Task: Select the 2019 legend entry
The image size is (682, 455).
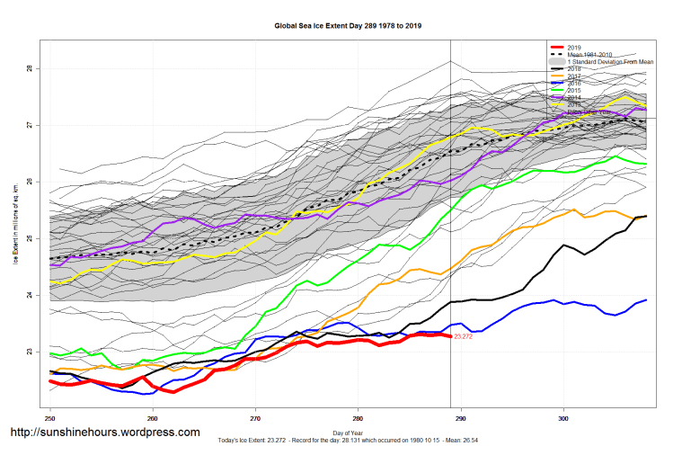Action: [576, 47]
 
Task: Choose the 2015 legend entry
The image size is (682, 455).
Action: [576, 91]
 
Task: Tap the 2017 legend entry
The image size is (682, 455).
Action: [576, 76]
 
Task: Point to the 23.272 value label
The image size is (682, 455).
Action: [465, 336]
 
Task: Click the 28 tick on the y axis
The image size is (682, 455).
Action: [29, 68]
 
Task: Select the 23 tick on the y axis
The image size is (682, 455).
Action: [29, 352]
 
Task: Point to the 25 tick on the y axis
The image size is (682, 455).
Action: [29, 238]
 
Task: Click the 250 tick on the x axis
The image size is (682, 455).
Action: [50, 418]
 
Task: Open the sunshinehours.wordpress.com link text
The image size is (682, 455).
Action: [104, 433]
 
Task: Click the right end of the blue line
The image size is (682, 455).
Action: [646, 300]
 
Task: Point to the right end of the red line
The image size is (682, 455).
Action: [450, 335]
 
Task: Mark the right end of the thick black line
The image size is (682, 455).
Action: [646, 216]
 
